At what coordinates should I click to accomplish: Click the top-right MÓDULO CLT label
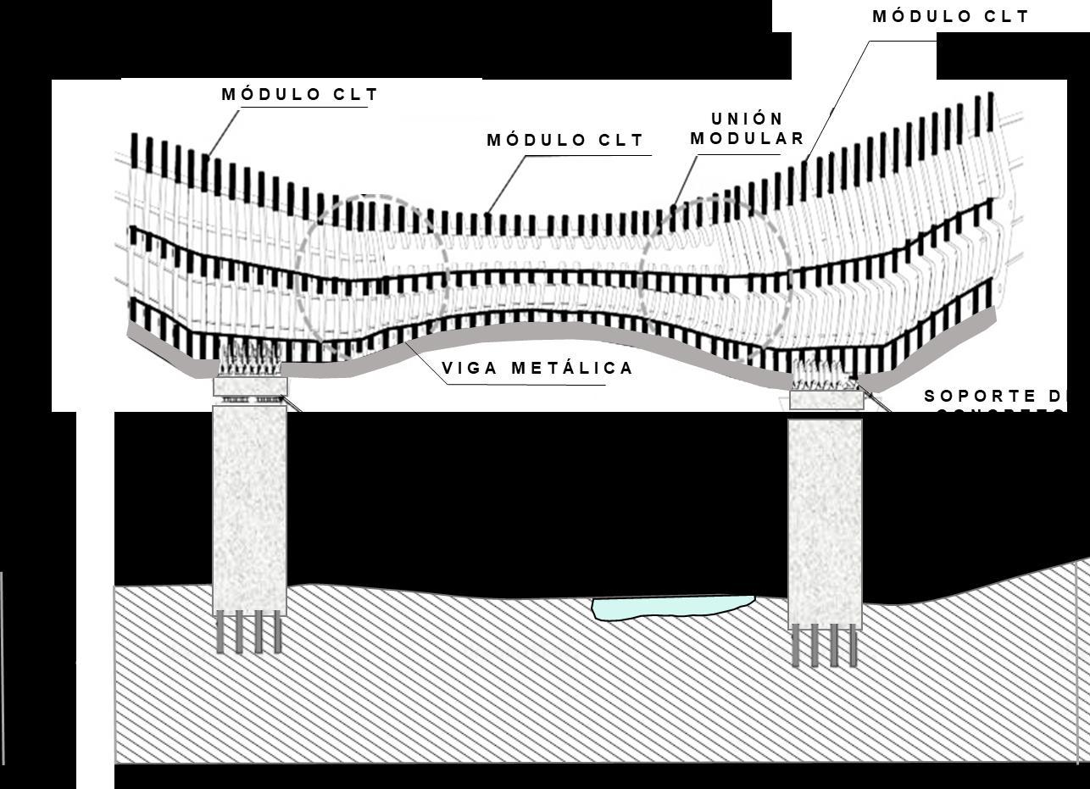tap(950, 17)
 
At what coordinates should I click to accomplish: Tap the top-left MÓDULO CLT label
tap(300, 95)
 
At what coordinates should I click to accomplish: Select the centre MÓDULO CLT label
tap(565, 141)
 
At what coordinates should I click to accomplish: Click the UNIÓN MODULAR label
tap(747, 129)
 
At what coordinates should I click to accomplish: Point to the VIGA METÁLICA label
tap(537, 369)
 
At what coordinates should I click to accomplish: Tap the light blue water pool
tap(671, 607)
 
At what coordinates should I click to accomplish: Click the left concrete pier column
tap(249, 508)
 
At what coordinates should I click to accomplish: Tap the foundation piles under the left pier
tap(248, 633)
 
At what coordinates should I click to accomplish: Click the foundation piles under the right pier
tap(825, 647)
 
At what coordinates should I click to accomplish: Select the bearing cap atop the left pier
tap(250, 387)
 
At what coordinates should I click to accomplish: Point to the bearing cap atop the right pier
tap(826, 399)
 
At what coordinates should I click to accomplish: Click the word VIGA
tap(470, 369)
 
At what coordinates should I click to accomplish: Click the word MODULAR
tap(747, 139)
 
